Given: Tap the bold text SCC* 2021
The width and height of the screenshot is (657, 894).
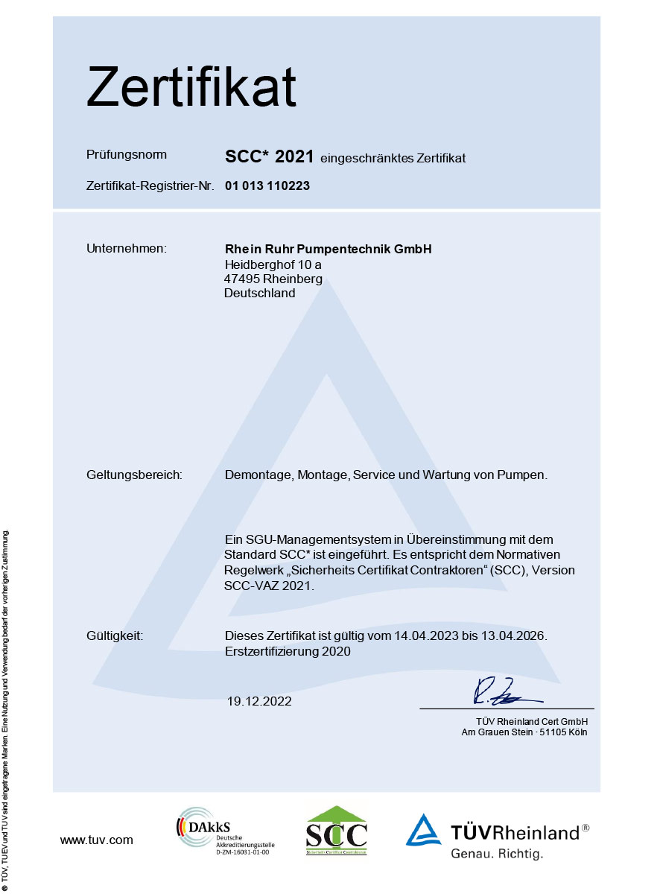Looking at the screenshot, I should point(269,156).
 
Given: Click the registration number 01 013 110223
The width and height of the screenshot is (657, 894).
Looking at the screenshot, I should point(267,186).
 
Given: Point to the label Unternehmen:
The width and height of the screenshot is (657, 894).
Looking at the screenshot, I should point(127,248).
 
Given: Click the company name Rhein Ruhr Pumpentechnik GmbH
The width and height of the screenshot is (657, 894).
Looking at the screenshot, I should point(328,248).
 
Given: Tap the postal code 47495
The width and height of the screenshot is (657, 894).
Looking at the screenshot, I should point(239,279).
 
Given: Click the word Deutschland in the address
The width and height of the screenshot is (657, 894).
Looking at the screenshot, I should point(259,293).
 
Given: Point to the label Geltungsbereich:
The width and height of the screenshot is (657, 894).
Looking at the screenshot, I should point(135,475).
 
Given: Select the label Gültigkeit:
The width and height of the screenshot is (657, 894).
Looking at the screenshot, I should point(115,635).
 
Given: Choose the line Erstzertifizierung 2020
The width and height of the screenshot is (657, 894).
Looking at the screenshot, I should point(288,650).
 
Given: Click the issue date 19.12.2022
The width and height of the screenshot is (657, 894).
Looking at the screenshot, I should point(259,701).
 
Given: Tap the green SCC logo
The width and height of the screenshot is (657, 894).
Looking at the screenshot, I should point(337,831).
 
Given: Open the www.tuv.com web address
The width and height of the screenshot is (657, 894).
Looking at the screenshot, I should point(97,840).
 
